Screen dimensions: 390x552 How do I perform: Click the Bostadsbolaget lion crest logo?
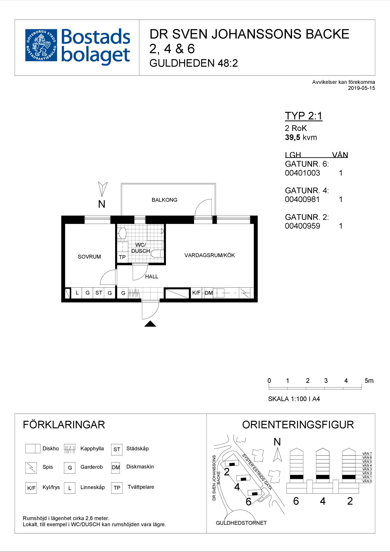coord(41,45)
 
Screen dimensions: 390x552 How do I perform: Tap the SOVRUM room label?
coord(89,257)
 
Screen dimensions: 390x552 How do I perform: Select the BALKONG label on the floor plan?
coord(165,200)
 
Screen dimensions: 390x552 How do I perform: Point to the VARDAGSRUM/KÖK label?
coord(209,255)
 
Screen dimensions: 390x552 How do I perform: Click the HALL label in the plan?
coord(152,276)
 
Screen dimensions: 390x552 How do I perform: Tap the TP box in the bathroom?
coord(122,257)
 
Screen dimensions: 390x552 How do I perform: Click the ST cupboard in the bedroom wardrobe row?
coord(99,293)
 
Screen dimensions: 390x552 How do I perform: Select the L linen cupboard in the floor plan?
coord(77,293)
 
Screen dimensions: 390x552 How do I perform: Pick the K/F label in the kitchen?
coord(197,293)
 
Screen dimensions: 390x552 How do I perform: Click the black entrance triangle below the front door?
coord(150,324)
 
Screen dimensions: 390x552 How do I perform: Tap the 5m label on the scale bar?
coord(369,381)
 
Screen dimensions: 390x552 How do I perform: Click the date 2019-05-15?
coord(362,88)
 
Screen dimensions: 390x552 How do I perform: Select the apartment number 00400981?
coord(302,199)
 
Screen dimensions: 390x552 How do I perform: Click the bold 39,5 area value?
coord(293,137)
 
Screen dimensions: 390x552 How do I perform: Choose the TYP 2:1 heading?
coord(304,116)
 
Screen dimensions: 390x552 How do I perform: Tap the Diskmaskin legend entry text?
coord(140,466)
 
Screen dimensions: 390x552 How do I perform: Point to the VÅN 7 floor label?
coord(367,453)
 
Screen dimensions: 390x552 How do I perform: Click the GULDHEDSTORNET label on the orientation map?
coord(241,523)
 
